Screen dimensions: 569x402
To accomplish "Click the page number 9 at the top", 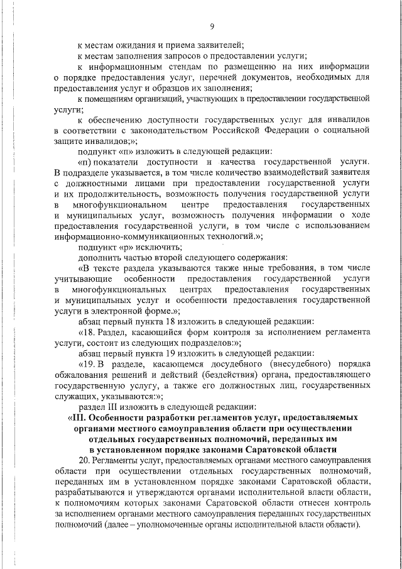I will coord(212,26).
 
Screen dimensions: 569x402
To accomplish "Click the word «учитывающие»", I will coord(84,279).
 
